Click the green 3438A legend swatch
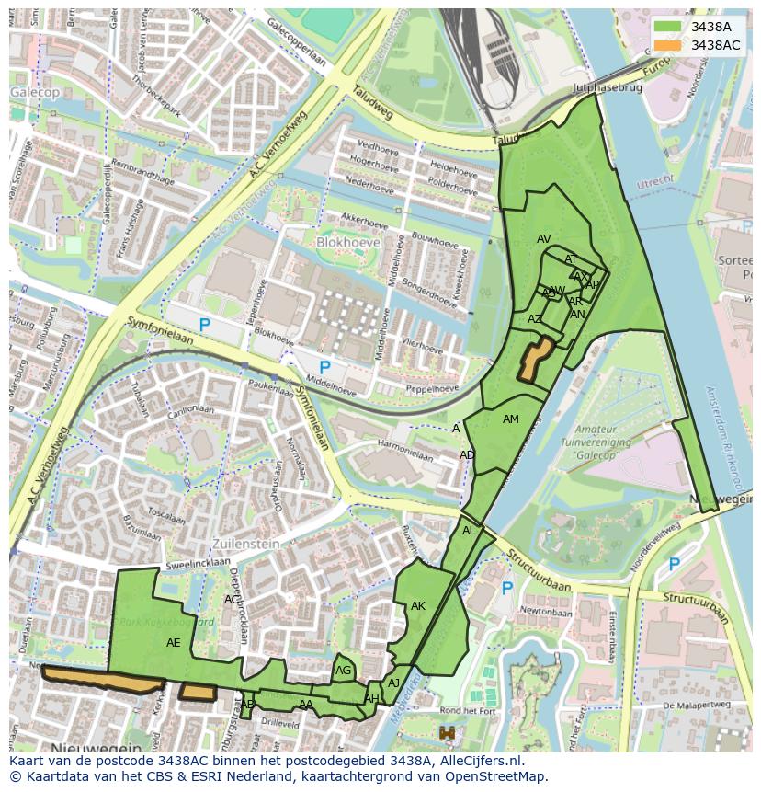click(668, 28)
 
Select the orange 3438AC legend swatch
click(668, 45)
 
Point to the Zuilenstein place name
click(245, 544)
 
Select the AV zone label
click(543, 239)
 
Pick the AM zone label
click(511, 419)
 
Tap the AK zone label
click(418, 606)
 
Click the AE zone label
click(174, 643)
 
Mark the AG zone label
click(343, 671)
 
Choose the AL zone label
click(469, 531)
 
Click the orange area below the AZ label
click(534, 359)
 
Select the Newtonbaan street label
click(546, 610)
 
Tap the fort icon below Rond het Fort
click(448, 733)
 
